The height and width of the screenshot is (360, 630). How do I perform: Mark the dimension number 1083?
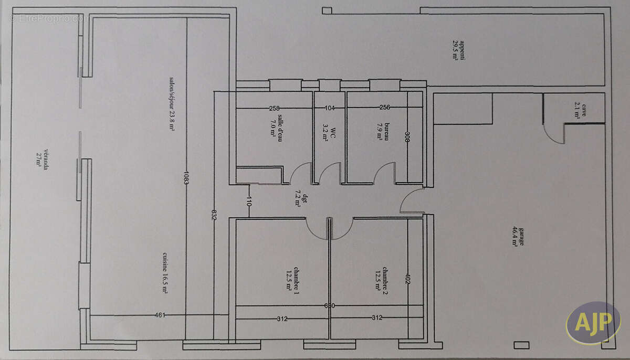point(186,177)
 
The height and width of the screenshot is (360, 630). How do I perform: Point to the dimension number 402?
point(407,279)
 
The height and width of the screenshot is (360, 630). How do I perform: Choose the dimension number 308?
point(407,137)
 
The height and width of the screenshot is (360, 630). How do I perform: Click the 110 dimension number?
point(249,202)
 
